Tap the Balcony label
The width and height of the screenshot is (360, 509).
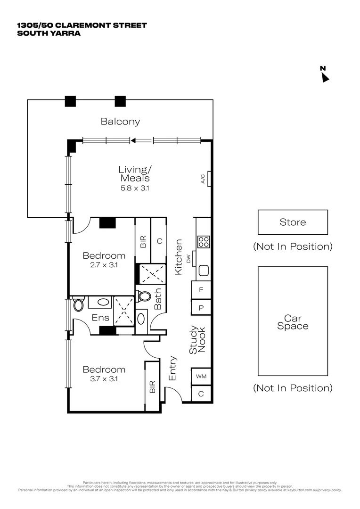[x=120, y=122]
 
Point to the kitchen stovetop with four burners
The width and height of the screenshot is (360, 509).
[x=204, y=242]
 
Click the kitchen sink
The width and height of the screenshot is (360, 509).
[x=204, y=271]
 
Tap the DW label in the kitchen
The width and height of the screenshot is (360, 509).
[x=188, y=258]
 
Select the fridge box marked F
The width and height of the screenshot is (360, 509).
[x=201, y=290]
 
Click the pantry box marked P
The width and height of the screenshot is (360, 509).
[x=201, y=307]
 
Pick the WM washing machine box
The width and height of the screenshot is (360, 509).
[x=201, y=377]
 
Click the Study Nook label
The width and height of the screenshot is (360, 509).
[x=197, y=341]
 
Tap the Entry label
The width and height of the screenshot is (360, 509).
[x=172, y=369]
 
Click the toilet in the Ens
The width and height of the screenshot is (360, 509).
[x=78, y=304]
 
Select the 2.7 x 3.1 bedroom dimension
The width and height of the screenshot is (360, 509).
[x=104, y=265]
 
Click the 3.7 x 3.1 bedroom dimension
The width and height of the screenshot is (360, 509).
[x=104, y=378]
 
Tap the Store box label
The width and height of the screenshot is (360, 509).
[x=293, y=222]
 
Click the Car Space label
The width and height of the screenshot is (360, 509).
[x=293, y=322]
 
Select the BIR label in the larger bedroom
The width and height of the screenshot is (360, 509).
[x=152, y=387]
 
